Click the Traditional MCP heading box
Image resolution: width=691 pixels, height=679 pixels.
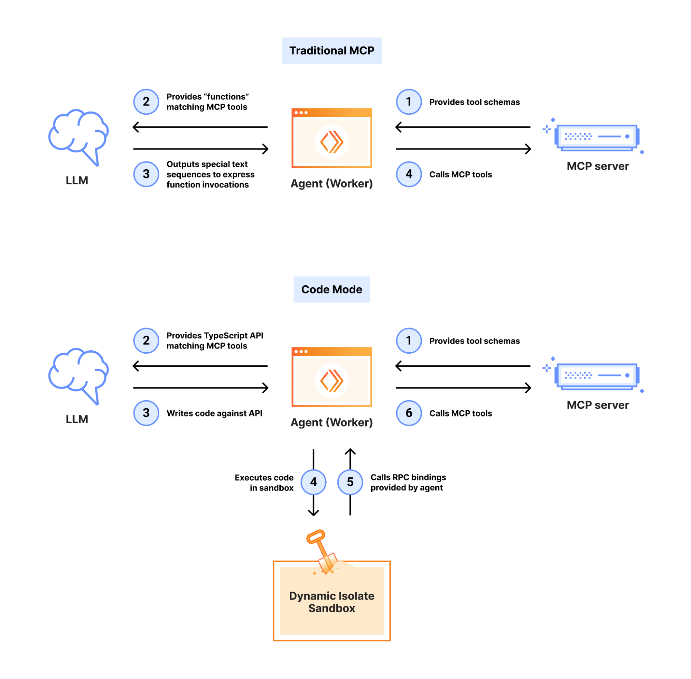tap(331, 50)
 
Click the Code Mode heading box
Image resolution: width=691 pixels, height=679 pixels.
tap(331, 289)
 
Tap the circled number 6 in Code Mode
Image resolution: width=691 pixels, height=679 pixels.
tap(409, 413)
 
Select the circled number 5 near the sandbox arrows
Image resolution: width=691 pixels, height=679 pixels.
tap(350, 482)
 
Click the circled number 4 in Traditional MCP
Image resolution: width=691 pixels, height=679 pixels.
tap(409, 174)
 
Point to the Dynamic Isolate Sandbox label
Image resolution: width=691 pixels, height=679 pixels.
tap(331, 602)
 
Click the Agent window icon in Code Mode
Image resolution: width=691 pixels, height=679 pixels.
tap(331, 376)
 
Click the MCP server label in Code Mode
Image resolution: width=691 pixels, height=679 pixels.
tap(597, 405)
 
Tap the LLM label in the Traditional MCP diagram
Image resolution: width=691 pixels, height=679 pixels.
tap(77, 180)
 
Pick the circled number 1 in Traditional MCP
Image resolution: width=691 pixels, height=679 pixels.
tap(409, 102)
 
